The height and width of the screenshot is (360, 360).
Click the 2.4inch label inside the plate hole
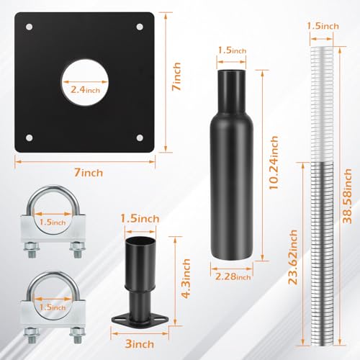pos(85,90)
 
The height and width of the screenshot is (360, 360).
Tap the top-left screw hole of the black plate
pos(30,27)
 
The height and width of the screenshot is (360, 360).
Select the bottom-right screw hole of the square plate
pos(140,138)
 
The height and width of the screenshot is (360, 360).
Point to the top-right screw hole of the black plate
pos(140,27)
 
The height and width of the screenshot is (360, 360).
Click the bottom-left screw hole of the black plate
pos(30,138)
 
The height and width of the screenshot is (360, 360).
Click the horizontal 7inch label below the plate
pos(89,173)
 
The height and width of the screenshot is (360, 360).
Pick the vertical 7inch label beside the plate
pos(176,76)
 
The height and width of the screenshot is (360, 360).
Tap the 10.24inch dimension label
pos(274,163)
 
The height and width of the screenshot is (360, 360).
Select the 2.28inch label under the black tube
pos(233,276)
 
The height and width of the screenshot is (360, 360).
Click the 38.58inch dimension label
pos(347,196)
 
